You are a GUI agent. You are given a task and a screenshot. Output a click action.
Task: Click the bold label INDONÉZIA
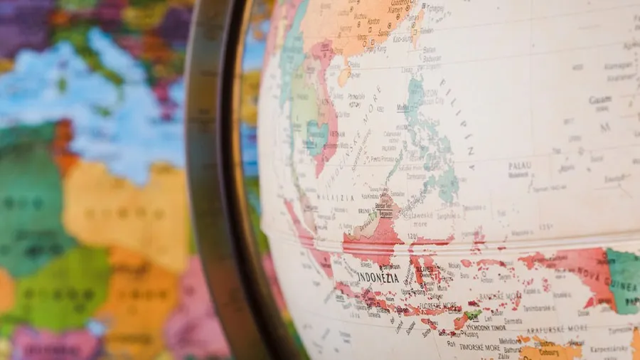(378, 277)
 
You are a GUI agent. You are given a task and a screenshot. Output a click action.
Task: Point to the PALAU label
(520, 166)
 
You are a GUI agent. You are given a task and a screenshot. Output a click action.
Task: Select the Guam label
(599, 100)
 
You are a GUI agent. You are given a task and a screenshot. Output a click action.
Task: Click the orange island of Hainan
(344, 74)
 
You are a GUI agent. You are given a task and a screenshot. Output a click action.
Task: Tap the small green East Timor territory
(472, 314)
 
